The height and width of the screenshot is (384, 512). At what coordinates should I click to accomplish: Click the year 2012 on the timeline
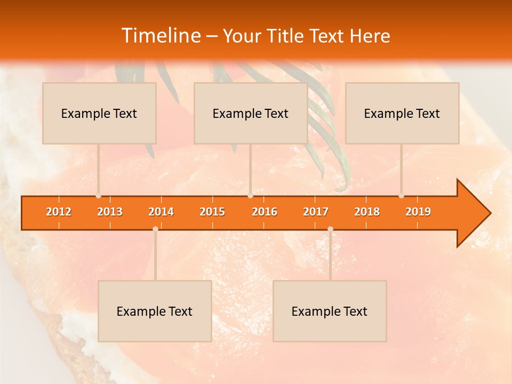point(59,212)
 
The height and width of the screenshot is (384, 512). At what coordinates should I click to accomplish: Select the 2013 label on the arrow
point(110,212)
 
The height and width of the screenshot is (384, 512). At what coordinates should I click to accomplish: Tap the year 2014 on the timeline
point(161,212)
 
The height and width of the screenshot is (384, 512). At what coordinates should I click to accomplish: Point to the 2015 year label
point(212,212)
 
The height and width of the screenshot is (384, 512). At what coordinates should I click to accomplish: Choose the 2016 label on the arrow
point(265,212)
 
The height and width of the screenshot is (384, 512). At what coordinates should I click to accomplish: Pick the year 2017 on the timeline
point(316,212)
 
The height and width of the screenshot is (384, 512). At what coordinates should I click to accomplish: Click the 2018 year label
point(367,212)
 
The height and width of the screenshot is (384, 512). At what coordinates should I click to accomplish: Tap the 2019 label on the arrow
point(418,212)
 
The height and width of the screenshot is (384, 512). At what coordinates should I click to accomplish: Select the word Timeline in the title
point(160,36)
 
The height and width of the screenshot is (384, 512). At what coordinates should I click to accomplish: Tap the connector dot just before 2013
point(98,196)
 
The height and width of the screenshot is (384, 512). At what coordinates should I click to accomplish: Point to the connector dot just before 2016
point(250,196)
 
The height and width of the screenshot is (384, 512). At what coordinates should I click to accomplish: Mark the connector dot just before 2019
point(401,196)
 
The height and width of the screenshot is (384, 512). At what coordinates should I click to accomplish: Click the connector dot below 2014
point(155,229)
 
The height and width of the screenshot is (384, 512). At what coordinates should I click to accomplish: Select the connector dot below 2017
point(330,229)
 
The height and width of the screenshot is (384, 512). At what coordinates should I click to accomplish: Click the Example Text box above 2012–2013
point(99,113)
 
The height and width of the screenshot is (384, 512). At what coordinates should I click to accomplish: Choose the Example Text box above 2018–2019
point(402,113)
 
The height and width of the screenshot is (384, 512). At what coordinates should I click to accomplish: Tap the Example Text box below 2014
point(155,311)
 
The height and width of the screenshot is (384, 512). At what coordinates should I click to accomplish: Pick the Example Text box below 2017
point(330,311)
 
